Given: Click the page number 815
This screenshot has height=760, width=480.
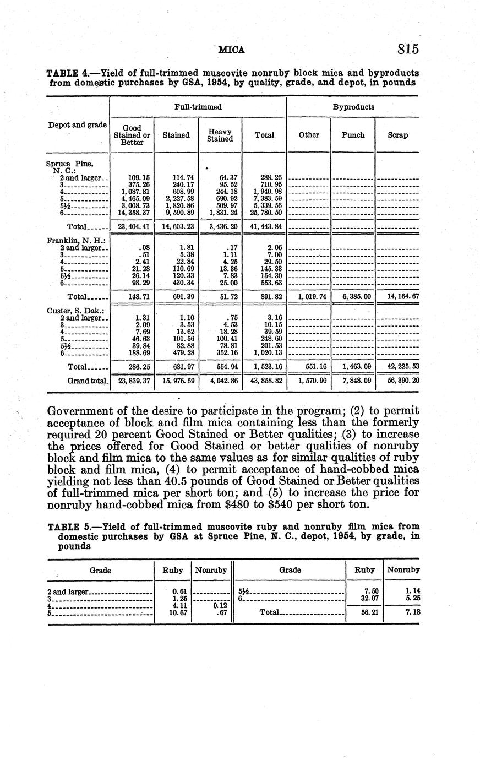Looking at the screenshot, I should (408, 49).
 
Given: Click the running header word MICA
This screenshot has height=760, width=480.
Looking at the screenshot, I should (231, 50).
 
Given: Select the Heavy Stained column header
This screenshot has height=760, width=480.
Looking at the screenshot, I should (220, 135).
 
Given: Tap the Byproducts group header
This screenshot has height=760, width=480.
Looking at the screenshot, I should (353, 107).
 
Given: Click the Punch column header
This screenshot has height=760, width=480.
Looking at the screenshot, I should (353, 135).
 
